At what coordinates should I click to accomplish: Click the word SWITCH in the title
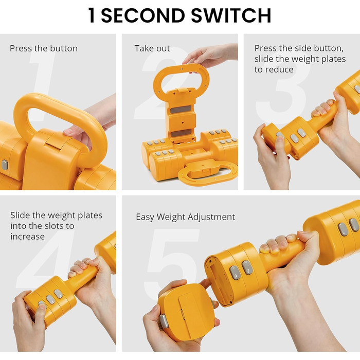coord(231,15)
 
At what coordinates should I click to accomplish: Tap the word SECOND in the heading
coord(143,15)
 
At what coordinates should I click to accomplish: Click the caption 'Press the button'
coord(44,48)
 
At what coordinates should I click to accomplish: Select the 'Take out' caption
coord(152,48)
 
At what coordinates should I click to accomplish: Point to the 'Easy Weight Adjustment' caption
coord(186,217)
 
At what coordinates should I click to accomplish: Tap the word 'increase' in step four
coord(28,237)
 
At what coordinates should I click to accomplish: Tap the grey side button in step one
coord(5,165)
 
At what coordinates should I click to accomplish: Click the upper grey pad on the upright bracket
coord(181,110)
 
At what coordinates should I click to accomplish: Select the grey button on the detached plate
coord(164,321)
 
